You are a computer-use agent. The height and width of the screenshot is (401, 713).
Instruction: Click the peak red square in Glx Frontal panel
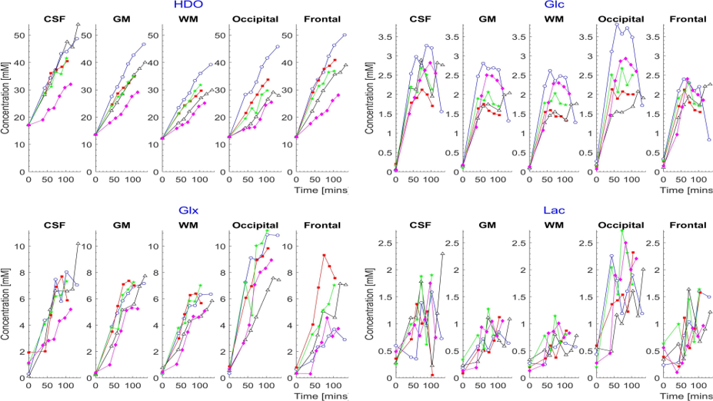pos(325,255)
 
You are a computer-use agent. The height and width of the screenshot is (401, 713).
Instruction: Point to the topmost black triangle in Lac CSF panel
pos(443,254)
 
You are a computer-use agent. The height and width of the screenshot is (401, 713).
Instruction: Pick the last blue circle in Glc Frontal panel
pos(709,140)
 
